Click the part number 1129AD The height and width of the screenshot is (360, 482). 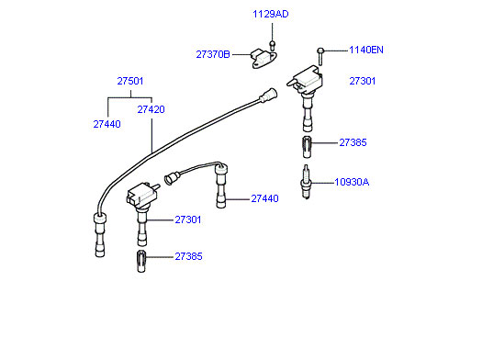pyautogui.click(x=271, y=14)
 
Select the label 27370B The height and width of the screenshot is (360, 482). pyautogui.click(x=213, y=54)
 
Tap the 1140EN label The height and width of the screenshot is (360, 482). pyautogui.click(x=366, y=50)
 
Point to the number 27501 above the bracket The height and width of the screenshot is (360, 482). pyautogui.click(x=130, y=81)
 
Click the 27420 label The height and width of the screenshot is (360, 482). pyautogui.click(x=151, y=109)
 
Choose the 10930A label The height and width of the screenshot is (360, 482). pyautogui.click(x=352, y=182)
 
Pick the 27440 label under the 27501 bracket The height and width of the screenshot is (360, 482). pyautogui.click(x=107, y=124)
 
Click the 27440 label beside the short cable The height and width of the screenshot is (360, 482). pyautogui.click(x=264, y=198)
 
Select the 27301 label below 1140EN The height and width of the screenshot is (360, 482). pyautogui.click(x=363, y=81)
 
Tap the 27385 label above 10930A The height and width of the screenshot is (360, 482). pyautogui.click(x=353, y=142)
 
